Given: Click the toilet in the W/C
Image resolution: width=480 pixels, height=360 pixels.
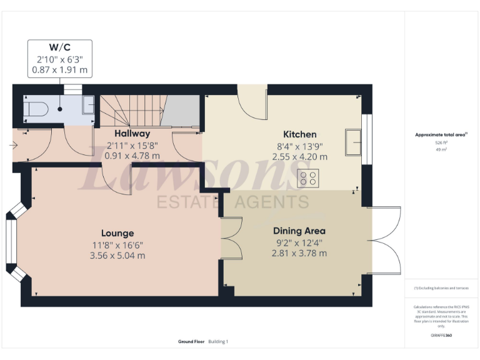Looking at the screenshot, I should [36, 109].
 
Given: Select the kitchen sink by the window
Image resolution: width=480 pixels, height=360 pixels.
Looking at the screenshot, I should [355, 141].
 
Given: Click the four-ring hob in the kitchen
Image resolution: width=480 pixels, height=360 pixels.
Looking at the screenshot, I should [308, 177].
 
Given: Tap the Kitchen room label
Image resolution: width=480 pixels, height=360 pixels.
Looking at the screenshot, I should [300, 134].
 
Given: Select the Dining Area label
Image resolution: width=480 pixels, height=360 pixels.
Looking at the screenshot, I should [299, 231].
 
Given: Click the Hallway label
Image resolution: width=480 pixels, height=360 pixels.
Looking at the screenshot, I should [132, 133].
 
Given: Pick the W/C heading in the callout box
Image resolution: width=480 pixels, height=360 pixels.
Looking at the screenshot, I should [59, 47].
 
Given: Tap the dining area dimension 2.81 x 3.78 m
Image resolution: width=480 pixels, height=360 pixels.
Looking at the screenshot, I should [299, 253].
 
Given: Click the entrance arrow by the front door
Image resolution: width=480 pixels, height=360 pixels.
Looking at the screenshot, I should [14, 146].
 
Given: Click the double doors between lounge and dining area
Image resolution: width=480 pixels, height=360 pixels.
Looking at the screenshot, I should [230, 237].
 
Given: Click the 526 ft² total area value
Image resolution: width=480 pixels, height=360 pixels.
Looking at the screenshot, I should [441, 142].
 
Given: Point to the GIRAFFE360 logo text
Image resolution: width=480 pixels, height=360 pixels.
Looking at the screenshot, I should [441, 336].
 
